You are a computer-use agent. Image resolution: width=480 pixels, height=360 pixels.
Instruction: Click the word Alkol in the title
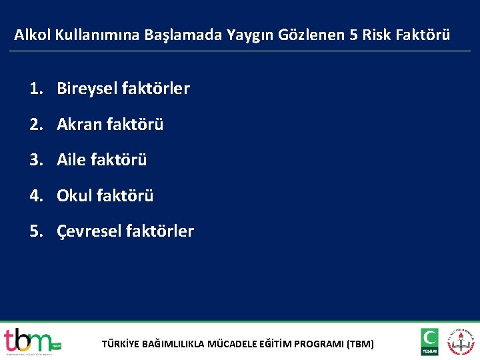31,35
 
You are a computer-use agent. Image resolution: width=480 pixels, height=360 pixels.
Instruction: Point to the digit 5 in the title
353,35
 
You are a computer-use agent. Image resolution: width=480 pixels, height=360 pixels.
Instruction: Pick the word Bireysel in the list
85,89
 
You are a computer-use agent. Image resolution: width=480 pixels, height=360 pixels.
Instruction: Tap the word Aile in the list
72,160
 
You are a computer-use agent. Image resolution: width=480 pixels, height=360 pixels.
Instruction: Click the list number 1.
35,89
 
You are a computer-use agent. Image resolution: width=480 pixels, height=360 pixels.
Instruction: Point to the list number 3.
35,160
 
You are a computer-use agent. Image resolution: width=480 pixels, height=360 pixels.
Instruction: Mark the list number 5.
35,231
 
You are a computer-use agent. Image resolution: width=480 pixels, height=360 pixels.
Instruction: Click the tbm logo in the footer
31,341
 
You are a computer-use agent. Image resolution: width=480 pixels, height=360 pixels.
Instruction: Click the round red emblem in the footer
461,341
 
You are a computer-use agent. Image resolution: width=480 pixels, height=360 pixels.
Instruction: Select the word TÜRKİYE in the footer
120,345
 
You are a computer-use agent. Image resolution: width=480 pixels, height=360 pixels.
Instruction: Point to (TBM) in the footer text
360,345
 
